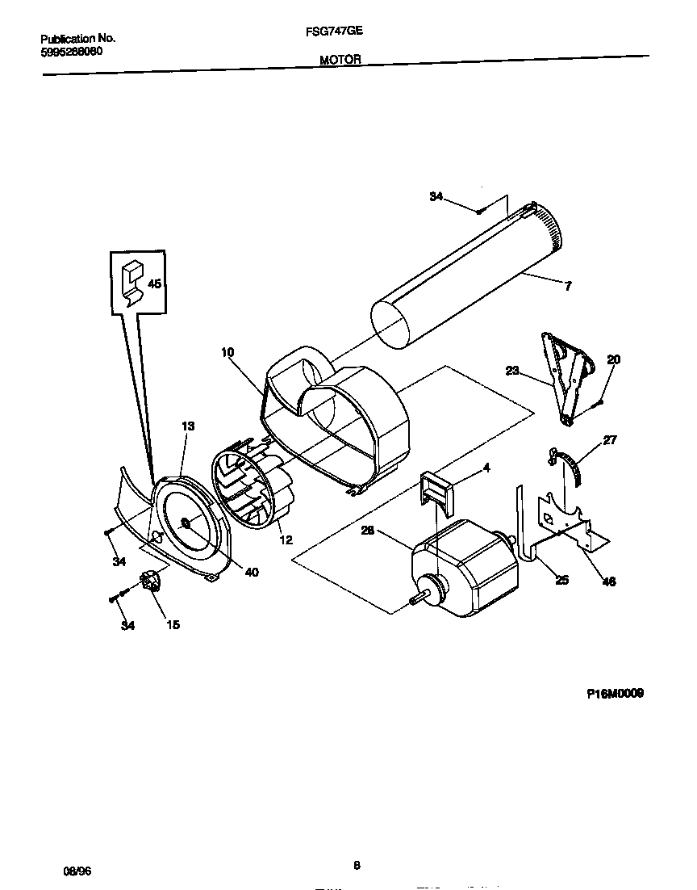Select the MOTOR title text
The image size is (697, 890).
[x=340, y=59]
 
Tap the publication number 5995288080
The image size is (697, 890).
[x=71, y=51]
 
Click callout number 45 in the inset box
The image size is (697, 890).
[x=154, y=283]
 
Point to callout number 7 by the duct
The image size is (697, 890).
[x=568, y=286]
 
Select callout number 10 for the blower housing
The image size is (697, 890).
[x=227, y=352]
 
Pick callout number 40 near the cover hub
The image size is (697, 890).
[x=251, y=572]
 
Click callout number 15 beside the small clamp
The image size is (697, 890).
[x=173, y=624]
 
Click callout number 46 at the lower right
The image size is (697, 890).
[x=608, y=581]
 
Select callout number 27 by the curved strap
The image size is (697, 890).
[x=610, y=440]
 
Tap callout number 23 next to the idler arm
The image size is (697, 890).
[x=513, y=372]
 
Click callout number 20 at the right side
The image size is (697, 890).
[x=613, y=360]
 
